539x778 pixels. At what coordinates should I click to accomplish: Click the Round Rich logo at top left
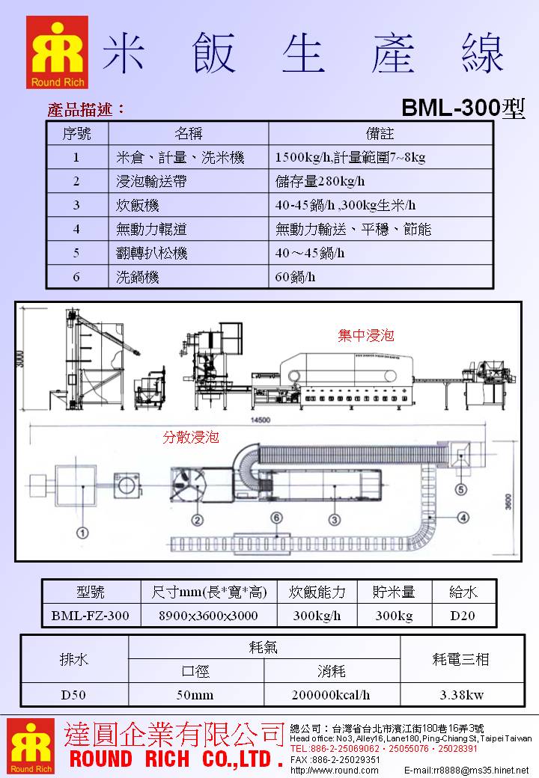[x=57, y=52]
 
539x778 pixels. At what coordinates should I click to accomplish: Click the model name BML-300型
[x=463, y=108]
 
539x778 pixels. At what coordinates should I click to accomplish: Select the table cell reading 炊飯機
[x=138, y=205]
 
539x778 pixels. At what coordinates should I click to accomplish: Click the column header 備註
[x=380, y=133]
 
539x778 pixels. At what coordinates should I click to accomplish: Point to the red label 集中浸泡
[x=365, y=336]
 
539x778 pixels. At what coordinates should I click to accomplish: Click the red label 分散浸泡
[x=191, y=438]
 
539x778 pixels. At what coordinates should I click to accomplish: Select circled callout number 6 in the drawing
[x=276, y=517]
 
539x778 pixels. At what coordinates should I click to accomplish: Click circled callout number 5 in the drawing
[x=461, y=490]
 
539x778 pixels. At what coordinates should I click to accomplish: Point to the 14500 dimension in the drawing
[x=259, y=421]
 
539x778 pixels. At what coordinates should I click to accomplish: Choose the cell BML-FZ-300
[x=90, y=616]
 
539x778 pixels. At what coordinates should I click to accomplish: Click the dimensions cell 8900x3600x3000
[x=209, y=616]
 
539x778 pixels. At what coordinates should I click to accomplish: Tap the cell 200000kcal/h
[x=332, y=694]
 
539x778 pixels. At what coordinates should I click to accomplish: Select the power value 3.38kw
[x=461, y=694]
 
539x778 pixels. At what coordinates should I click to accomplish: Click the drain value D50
[x=73, y=694]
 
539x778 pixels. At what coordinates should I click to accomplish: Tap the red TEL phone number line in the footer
[x=383, y=748]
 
